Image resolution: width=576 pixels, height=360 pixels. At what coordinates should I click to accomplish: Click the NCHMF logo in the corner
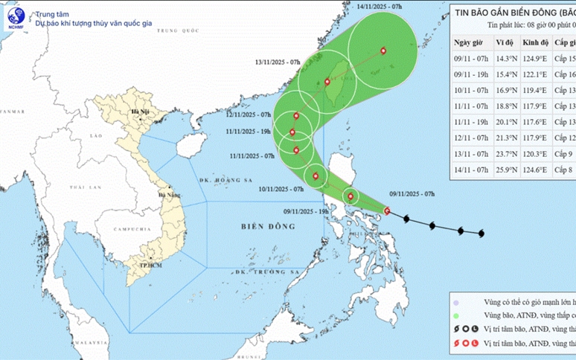click(16, 16)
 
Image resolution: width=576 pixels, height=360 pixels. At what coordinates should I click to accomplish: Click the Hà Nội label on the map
click(140, 113)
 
